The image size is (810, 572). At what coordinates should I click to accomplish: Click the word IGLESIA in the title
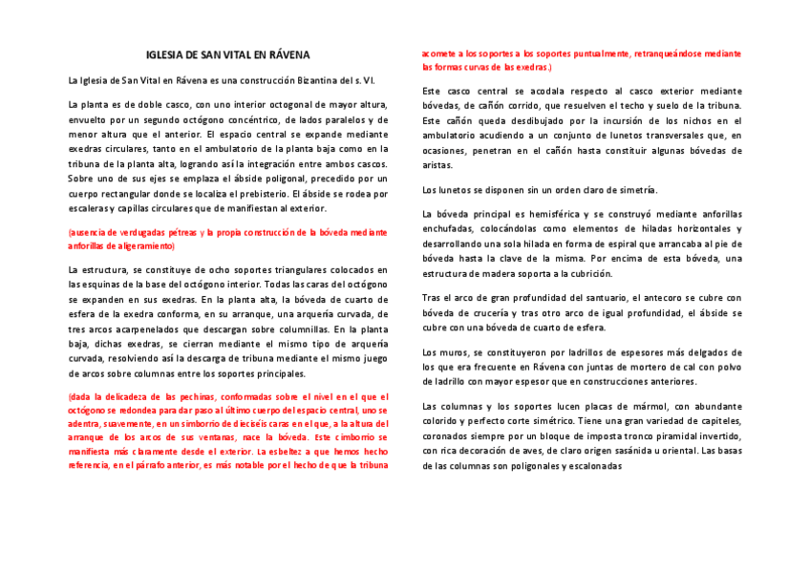click(x=165, y=55)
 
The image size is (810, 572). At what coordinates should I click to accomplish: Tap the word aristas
click(x=437, y=164)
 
